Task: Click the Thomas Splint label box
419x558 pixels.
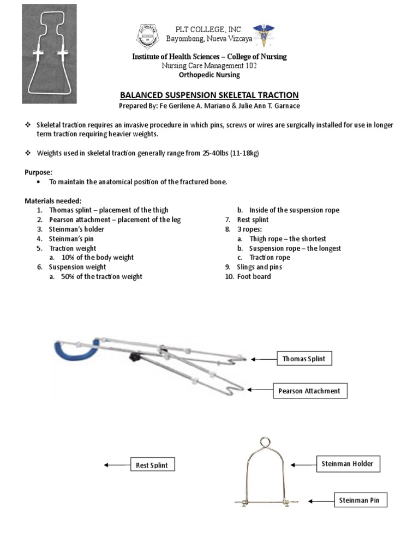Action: (304, 359)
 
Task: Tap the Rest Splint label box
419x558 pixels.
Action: (152, 465)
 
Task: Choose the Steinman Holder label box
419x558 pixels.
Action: (348, 464)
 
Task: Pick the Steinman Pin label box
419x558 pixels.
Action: (360, 500)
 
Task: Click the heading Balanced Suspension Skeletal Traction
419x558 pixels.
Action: (209, 94)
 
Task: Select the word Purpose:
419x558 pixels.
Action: (38, 172)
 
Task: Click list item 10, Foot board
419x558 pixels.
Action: (254, 276)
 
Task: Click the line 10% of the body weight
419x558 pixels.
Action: (97, 257)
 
